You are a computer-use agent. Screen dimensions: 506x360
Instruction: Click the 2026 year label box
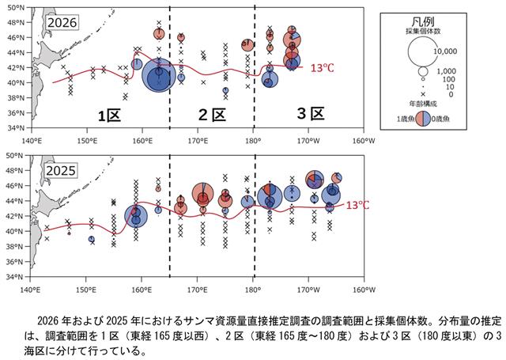62,23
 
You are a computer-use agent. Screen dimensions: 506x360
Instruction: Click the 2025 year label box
61,170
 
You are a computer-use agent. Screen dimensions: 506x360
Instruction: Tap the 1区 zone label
109,116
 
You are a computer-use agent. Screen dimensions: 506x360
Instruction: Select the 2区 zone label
212,115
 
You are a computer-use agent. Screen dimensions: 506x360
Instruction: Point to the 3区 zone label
311,114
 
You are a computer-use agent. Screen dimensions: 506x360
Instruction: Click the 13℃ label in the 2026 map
322,68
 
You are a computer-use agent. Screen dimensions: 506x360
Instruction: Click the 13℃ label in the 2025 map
357,206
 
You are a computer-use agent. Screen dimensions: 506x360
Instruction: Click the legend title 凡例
423,22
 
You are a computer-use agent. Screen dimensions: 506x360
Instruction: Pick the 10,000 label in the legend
445,51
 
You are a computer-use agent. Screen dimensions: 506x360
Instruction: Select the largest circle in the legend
422,51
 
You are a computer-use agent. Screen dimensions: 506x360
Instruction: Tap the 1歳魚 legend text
406,119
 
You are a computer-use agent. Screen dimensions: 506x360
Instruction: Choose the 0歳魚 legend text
440,119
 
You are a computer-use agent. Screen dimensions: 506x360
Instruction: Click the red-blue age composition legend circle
423,119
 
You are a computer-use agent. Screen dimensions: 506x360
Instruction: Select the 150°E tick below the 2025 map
86,290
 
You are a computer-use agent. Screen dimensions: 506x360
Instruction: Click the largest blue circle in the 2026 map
159,75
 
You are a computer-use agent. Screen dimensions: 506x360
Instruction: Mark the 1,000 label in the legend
446,71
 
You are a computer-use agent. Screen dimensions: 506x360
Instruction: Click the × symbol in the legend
423,94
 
